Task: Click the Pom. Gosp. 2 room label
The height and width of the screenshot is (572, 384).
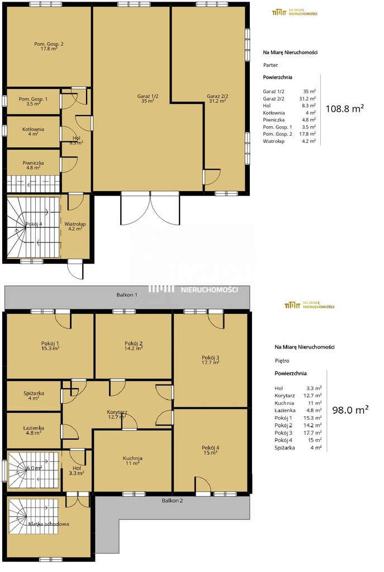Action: (x=49, y=46)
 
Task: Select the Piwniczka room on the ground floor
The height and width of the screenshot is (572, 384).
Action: (x=33, y=165)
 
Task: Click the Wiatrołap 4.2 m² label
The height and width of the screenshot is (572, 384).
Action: (x=75, y=226)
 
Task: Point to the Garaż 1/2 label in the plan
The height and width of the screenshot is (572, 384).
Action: (x=148, y=98)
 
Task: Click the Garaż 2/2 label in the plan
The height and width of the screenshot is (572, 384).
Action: (x=217, y=98)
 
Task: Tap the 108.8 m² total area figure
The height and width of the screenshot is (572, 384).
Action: (x=345, y=108)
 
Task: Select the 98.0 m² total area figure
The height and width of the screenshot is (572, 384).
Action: (x=350, y=409)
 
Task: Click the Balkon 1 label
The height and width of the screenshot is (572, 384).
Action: (x=127, y=294)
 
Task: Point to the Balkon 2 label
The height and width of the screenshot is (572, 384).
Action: (x=172, y=500)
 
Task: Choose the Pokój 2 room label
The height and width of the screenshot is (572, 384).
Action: (x=134, y=345)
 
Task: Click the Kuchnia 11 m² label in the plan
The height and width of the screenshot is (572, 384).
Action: (x=132, y=460)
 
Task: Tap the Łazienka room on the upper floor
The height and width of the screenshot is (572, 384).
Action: (x=34, y=430)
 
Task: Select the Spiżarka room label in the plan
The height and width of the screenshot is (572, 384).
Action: (x=34, y=396)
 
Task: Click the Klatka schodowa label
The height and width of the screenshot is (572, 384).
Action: (x=49, y=524)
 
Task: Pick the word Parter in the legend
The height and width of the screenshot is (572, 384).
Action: (x=271, y=65)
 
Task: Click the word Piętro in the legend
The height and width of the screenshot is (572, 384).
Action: (x=282, y=361)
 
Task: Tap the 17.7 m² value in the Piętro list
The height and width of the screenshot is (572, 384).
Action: (x=314, y=433)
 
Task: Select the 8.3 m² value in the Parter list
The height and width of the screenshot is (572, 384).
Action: (x=309, y=106)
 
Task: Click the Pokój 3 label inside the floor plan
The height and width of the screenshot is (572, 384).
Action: (x=210, y=360)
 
